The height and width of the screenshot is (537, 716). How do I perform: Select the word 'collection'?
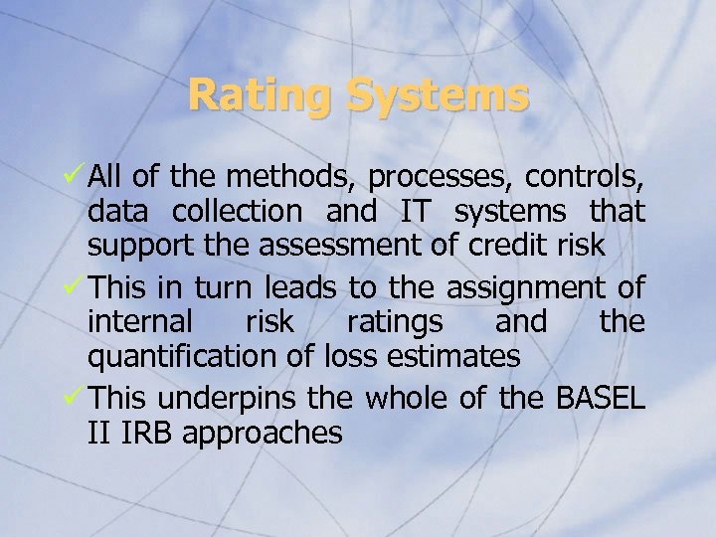click(x=237, y=211)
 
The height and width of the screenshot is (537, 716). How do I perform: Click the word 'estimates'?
click(x=454, y=355)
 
